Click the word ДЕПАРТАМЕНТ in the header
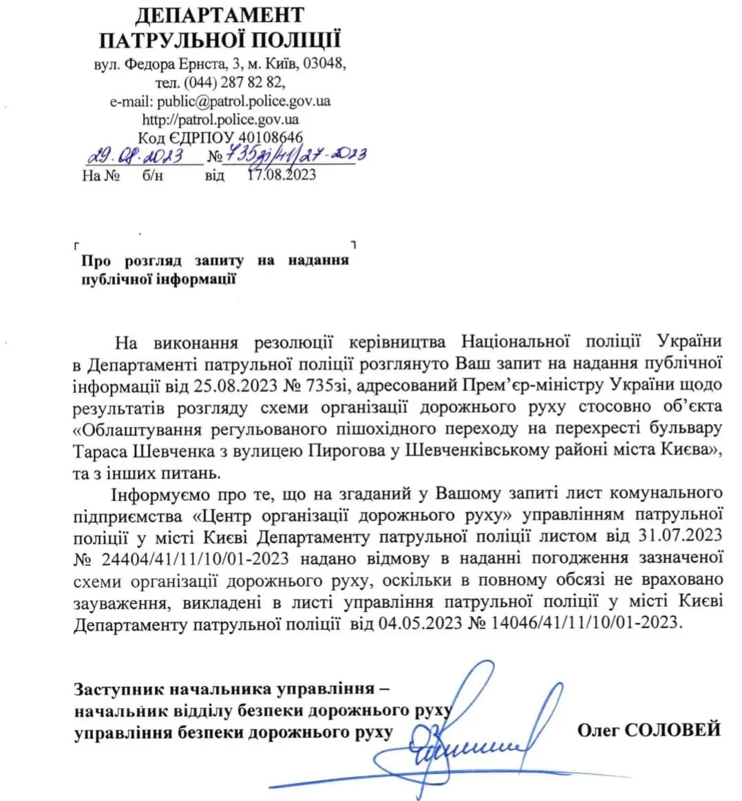coord(220,14)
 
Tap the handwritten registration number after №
coord(296,155)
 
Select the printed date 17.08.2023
coord(281,175)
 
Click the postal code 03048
coord(324,64)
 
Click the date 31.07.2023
coord(684,534)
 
